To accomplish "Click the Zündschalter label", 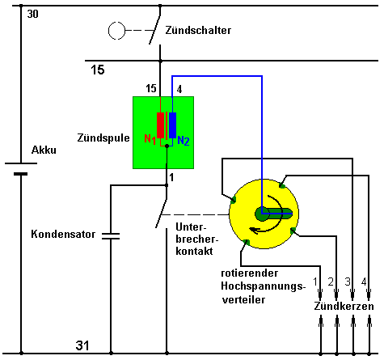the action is click(x=198, y=30).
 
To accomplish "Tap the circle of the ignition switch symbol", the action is click(x=116, y=31).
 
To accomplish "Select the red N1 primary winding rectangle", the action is click(x=160, y=125).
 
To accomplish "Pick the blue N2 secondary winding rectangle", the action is click(x=172, y=125).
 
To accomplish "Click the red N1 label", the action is click(x=150, y=139).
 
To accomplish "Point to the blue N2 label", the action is click(x=184, y=141).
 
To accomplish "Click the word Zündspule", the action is click(x=103, y=138).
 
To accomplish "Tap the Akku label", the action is click(x=44, y=150).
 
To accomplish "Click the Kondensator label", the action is click(x=63, y=234).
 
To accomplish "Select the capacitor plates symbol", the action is click(x=111, y=236).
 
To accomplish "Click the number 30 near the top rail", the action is click(x=33, y=14).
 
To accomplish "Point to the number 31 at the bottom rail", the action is click(x=82, y=345).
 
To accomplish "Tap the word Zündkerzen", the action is click(x=344, y=307).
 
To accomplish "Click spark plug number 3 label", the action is click(x=348, y=282).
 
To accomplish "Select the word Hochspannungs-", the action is click(x=264, y=286).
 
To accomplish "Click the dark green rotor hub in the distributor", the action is click(x=261, y=214).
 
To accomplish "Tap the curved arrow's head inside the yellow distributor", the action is click(x=254, y=231).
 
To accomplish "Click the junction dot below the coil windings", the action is click(x=167, y=146).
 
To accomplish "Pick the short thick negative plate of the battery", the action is click(x=21, y=174).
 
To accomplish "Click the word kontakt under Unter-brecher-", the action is click(x=194, y=251).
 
